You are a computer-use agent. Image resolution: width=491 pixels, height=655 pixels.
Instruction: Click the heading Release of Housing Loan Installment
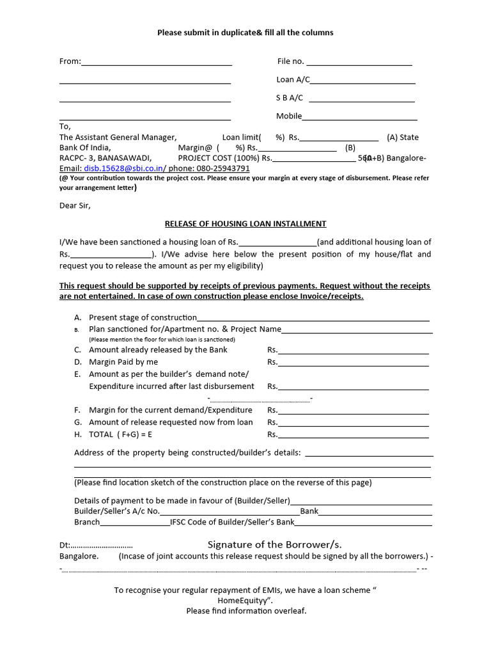click(245, 224)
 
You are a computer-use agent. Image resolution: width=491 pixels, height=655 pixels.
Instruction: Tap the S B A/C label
click(289, 98)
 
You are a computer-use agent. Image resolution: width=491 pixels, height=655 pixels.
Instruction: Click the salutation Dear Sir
click(75, 206)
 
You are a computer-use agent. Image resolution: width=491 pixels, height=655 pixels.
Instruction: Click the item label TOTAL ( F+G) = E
click(120, 434)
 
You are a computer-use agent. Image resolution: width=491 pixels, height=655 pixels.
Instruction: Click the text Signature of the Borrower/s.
click(274, 545)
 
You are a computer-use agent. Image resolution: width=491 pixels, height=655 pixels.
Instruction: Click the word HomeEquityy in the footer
click(245, 601)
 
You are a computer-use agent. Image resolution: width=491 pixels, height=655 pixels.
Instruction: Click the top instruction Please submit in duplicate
click(245, 33)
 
